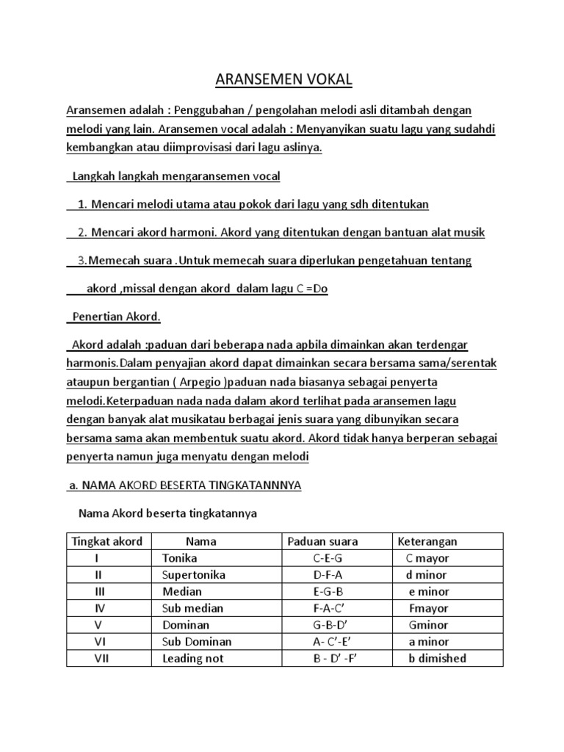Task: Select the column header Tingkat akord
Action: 106,541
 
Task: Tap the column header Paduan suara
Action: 322,541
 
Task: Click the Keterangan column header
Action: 427,541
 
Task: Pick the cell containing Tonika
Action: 180,558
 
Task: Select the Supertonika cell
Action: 194,575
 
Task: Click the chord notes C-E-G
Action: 328,558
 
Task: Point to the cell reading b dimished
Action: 437,658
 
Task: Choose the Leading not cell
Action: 192,658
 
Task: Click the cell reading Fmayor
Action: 430,608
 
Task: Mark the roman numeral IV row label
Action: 101,608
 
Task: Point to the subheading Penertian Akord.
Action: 116,317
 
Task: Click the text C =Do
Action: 312,289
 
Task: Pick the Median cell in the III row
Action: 182,591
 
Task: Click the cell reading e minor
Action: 429,591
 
